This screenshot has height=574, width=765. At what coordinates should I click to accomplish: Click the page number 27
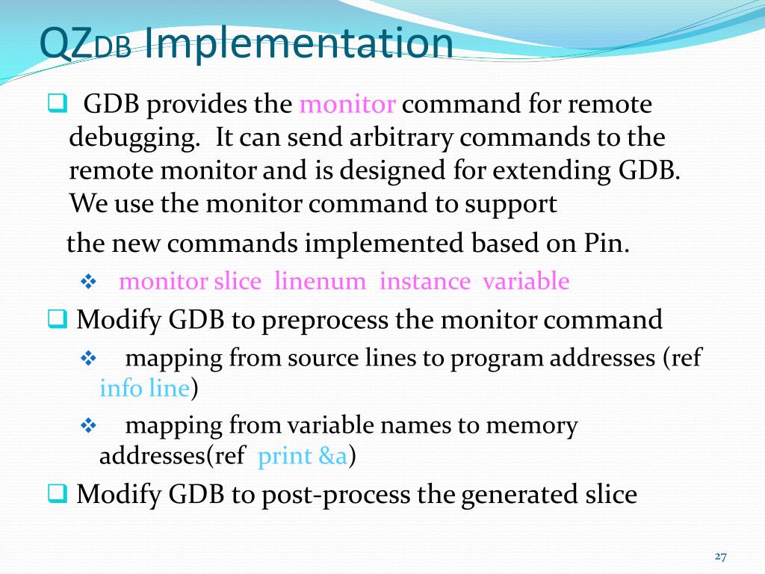coord(720,556)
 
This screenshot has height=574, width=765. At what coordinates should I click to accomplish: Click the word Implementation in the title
coord(298,43)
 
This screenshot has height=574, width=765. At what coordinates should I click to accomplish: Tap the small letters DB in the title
coord(113,48)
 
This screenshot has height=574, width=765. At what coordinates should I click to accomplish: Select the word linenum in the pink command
coord(320,282)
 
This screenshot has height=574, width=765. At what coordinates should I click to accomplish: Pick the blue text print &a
coord(302,456)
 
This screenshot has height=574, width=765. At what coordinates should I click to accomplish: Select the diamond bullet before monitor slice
coord(89,283)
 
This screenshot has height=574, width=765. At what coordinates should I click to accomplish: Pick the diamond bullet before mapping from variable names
coord(89,426)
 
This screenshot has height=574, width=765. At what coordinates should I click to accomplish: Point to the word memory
coord(532,426)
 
